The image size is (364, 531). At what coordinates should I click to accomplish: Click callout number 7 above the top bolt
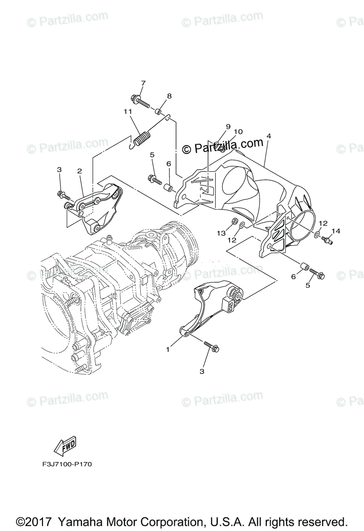(x=143, y=83)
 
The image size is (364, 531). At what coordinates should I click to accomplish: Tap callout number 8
(x=169, y=96)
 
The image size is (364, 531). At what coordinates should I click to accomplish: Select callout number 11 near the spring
(x=127, y=112)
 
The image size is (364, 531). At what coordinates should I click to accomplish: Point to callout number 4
(x=268, y=136)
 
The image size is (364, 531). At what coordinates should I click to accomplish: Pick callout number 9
(x=228, y=127)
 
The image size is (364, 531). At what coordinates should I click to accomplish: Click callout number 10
(x=238, y=131)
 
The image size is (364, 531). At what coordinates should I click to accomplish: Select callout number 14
(x=336, y=231)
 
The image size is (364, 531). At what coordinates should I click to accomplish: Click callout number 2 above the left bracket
(x=80, y=171)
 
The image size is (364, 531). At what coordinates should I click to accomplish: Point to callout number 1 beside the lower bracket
(x=168, y=350)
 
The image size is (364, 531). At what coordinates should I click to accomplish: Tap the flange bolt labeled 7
(x=140, y=101)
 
